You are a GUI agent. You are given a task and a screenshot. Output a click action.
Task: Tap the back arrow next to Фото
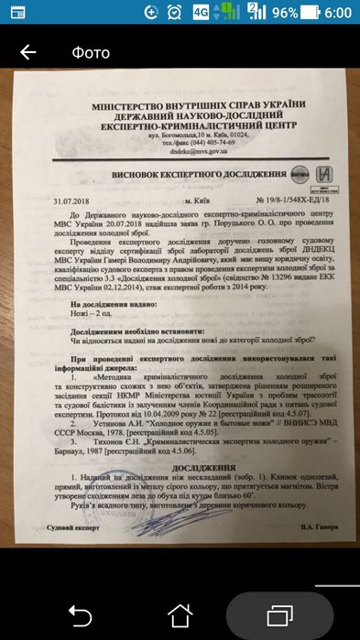click(27, 52)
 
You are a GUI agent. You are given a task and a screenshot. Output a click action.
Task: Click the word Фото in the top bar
click(91, 52)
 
